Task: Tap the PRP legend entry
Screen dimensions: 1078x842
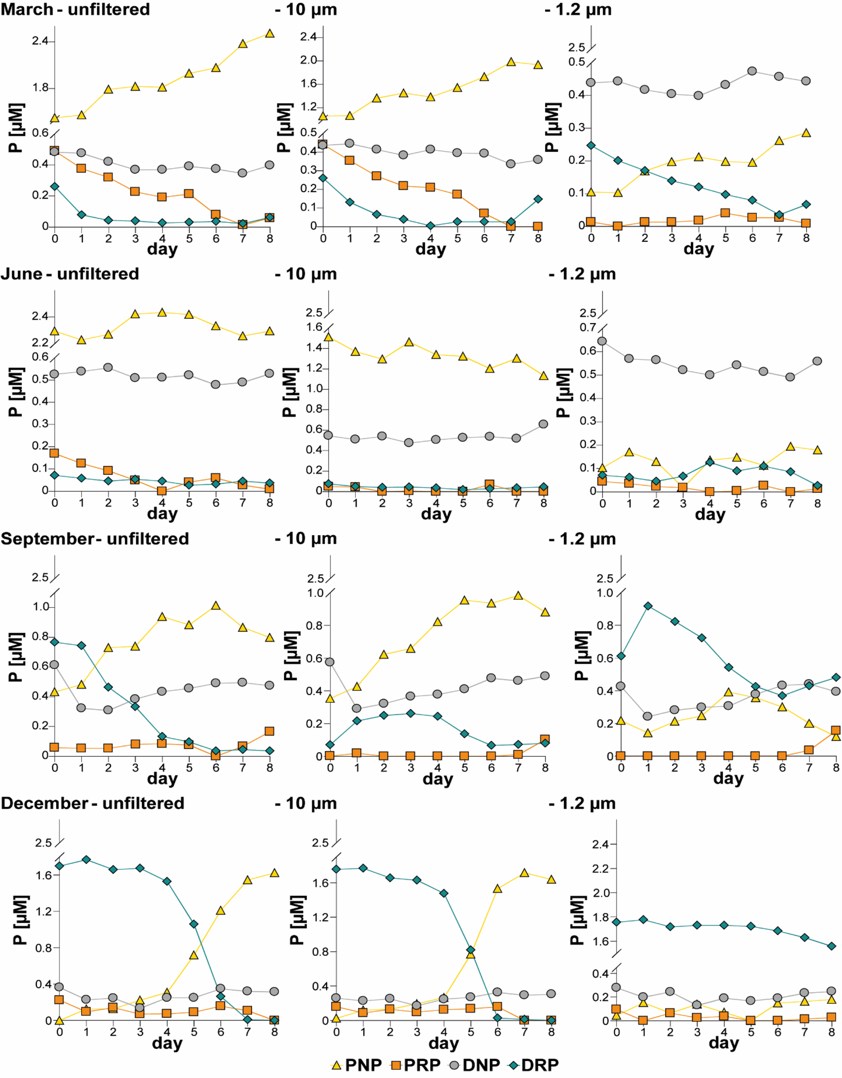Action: coord(415,1065)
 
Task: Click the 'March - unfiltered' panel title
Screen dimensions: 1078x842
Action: coord(75,9)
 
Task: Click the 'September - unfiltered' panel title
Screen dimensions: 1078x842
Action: coord(95,539)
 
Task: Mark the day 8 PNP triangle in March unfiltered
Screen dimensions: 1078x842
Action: coord(270,34)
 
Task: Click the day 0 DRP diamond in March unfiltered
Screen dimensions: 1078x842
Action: coord(55,187)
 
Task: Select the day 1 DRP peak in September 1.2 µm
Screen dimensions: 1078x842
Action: coord(648,606)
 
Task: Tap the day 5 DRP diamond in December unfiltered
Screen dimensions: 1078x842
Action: coord(194,924)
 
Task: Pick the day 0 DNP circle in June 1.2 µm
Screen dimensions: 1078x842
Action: coord(602,341)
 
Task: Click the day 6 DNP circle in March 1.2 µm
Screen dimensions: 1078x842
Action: coord(752,71)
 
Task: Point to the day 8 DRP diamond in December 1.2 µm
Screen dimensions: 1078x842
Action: coord(832,946)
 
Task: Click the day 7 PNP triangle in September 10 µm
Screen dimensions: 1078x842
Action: coord(518,596)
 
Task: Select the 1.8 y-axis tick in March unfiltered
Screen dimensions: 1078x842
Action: coord(41,88)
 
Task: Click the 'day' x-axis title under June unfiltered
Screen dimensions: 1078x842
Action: coord(162,514)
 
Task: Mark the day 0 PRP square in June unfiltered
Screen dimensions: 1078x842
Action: coord(55,453)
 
